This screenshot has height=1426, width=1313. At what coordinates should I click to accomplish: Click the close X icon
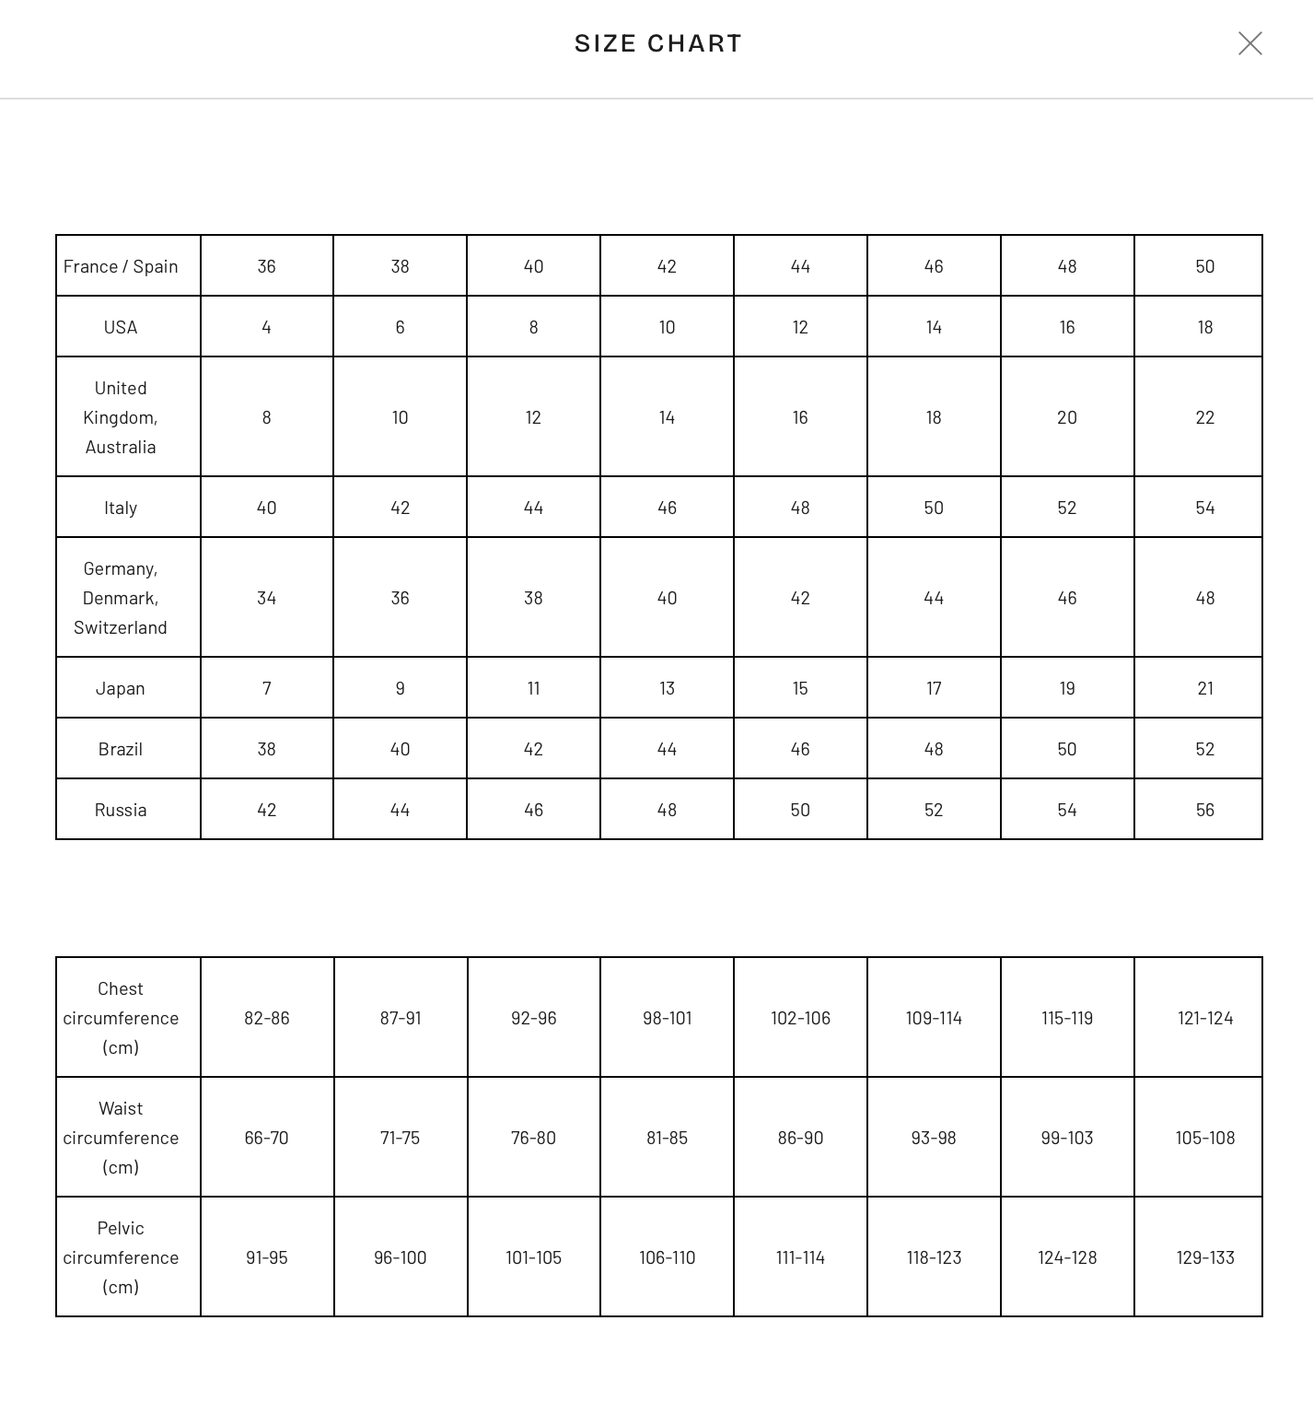[1249, 43]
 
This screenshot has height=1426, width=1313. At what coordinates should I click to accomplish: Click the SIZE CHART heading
[657, 43]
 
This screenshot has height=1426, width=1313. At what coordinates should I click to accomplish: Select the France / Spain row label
[121, 266]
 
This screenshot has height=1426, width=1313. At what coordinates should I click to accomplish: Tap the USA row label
[121, 327]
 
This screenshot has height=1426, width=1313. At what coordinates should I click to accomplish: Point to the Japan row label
[121, 688]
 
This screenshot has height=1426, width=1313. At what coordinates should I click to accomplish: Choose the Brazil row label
[121, 749]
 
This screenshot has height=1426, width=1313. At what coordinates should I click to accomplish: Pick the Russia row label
[121, 810]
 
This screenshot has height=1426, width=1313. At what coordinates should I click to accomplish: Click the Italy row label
[121, 508]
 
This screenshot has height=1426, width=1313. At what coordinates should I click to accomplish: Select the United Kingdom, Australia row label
[121, 417]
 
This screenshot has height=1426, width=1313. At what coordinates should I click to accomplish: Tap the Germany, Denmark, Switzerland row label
[121, 598]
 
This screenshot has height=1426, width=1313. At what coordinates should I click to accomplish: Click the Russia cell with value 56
[1204, 810]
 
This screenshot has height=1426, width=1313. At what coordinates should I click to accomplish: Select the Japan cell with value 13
[667, 688]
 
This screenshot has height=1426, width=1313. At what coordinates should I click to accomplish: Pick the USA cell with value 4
[266, 327]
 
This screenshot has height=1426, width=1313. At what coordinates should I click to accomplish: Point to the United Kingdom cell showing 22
[1204, 417]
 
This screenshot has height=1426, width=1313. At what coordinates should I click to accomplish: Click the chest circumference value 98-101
[667, 1018]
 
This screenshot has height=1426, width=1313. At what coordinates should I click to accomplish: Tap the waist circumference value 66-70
[266, 1138]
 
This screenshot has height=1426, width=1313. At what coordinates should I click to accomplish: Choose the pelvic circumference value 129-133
[1204, 1257]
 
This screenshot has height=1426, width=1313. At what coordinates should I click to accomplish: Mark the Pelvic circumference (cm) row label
[121, 1257]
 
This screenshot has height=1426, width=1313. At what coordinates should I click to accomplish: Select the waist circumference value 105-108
[1204, 1138]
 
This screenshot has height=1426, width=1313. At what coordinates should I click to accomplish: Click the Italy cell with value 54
[1204, 508]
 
